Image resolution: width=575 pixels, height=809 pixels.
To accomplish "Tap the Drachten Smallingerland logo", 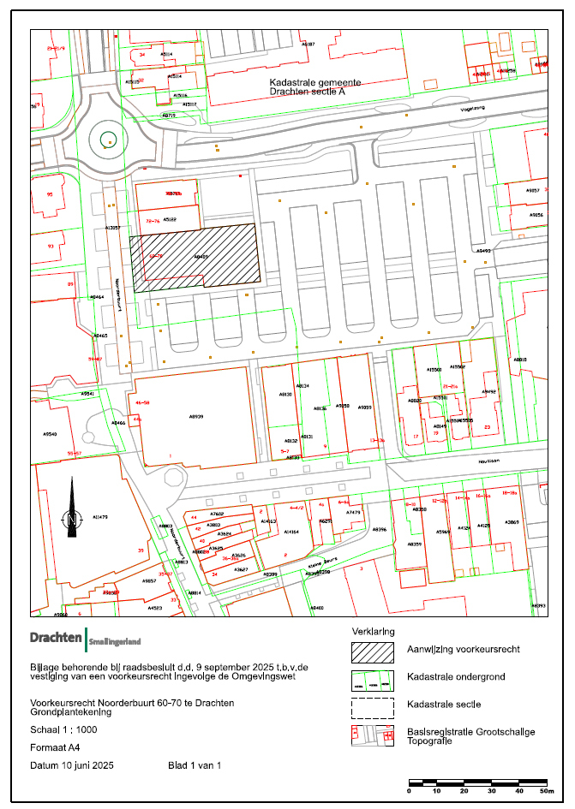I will [85, 639].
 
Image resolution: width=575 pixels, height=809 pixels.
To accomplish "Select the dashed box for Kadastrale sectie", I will [373, 707].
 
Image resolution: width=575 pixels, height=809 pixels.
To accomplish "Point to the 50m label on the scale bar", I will [546, 791].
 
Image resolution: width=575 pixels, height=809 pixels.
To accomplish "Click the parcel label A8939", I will [196, 415].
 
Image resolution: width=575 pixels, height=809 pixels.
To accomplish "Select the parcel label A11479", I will [99, 517].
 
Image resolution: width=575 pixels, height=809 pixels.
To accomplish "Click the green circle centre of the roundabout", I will [107, 140].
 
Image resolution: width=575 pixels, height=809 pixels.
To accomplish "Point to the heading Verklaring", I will [374, 631].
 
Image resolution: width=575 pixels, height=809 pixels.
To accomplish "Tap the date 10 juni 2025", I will [85, 764].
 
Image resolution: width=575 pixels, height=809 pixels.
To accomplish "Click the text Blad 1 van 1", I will [195, 764].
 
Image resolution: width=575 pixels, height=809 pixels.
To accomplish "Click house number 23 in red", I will [487, 426].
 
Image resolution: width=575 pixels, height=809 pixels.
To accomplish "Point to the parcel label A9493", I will [483, 252].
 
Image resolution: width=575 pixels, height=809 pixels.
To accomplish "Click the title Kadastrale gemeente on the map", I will [315, 83].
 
